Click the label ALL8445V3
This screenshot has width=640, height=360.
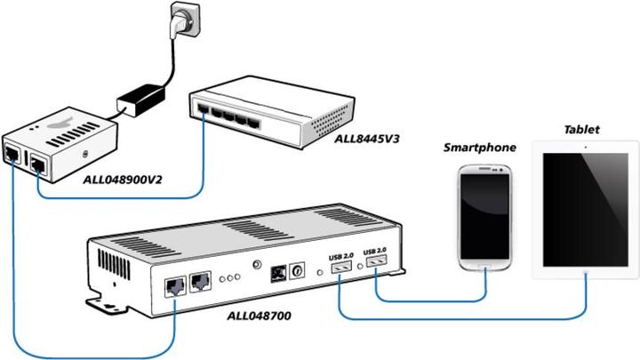coord(365,140)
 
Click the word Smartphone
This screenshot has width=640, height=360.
coord(480,147)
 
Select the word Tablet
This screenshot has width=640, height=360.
coord(581,129)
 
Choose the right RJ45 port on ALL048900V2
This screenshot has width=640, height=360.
coord(39,163)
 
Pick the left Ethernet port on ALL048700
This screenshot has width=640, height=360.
coord(174,285)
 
